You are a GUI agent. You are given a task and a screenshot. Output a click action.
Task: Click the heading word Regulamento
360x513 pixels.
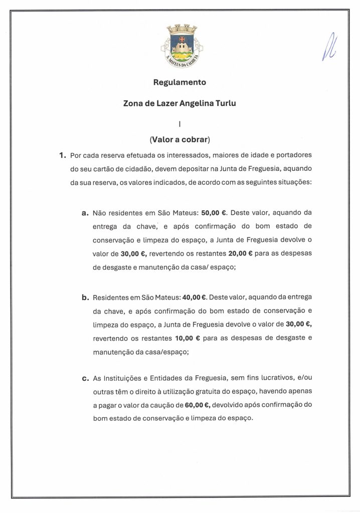[x=179, y=82]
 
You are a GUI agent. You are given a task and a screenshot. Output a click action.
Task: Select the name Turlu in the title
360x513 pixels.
[x=225, y=103]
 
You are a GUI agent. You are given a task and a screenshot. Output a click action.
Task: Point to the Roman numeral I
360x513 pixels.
[x=179, y=122]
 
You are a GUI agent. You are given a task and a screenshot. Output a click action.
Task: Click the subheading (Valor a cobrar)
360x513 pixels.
[x=179, y=140]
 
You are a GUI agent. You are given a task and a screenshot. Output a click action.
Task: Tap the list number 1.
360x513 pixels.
[x=62, y=155]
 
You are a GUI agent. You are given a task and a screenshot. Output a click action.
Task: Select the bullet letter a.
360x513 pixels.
[x=85, y=212]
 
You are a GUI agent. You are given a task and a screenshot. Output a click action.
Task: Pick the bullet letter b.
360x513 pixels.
[x=85, y=298]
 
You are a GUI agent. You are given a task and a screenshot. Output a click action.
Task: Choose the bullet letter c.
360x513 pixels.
[x=85, y=378]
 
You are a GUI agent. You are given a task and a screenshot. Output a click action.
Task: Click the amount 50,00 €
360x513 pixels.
[x=214, y=212]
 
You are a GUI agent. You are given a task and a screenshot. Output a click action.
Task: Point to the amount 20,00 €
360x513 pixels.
[x=240, y=253]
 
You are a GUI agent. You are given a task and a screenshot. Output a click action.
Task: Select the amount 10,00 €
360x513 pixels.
[x=188, y=338]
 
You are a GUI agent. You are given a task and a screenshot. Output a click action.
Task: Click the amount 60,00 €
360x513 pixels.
[x=196, y=405]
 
